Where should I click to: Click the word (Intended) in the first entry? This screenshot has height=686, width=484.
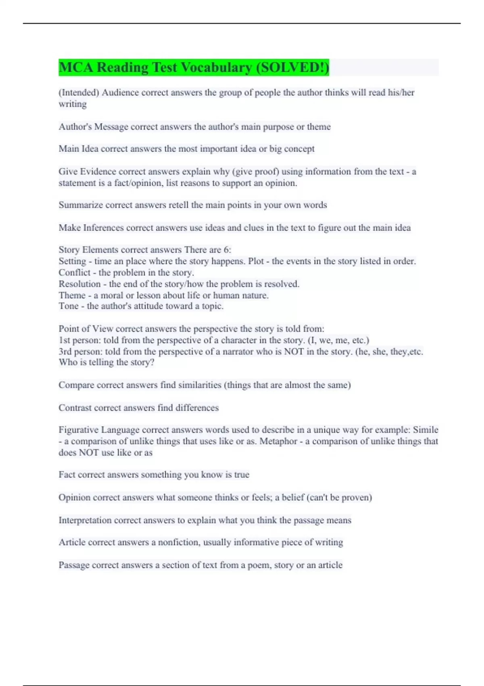pyautogui.click(x=79, y=92)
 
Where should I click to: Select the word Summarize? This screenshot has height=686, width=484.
pyautogui.click(x=81, y=205)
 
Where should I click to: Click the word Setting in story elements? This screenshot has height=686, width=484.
pyautogui.click(x=72, y=261)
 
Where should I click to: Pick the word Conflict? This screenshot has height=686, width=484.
pyautogui.click(x=74, y=272)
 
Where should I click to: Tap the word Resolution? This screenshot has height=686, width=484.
pyautogui.click(x=79, y=284)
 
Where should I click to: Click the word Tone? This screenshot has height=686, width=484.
pyautogui.click(x=68, y=306)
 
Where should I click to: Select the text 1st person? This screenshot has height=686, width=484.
pyautogui.click(x=79, y=340)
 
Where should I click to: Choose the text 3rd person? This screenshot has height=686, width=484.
pyautogui.click(x=80, y=351)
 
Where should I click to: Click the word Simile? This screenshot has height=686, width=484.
pyautogui.click(x=425, y=430)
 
